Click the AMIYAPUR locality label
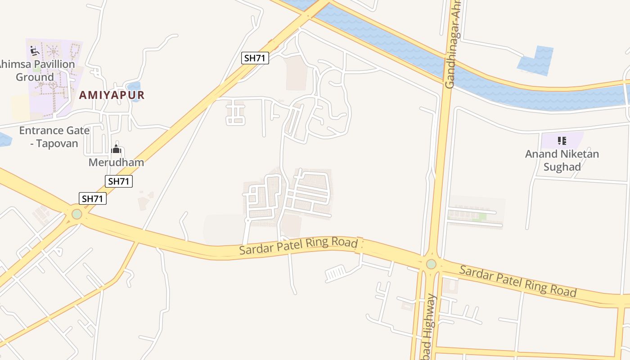[112, 95]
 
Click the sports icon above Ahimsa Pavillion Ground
[35, 51]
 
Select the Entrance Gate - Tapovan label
[54, 137]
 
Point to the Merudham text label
[116, 162]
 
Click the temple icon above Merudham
[116, 149]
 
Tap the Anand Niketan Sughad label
[562, 160]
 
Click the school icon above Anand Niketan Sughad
[562, 141]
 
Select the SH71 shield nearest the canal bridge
[255, 58]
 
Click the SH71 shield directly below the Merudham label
[119, 181]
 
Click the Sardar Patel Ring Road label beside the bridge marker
[298, 247]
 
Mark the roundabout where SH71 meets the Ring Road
[77, 214]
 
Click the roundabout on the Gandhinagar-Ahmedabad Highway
[431, 264]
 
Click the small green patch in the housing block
[482, 217]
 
